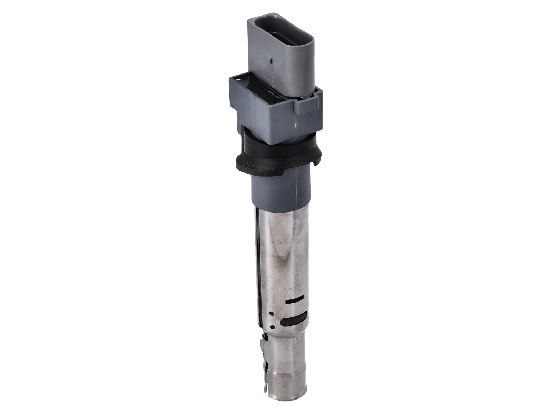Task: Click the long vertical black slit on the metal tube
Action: coord(257,262)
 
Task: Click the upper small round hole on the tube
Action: coord(272,313)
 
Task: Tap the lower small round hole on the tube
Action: coord(272,327)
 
